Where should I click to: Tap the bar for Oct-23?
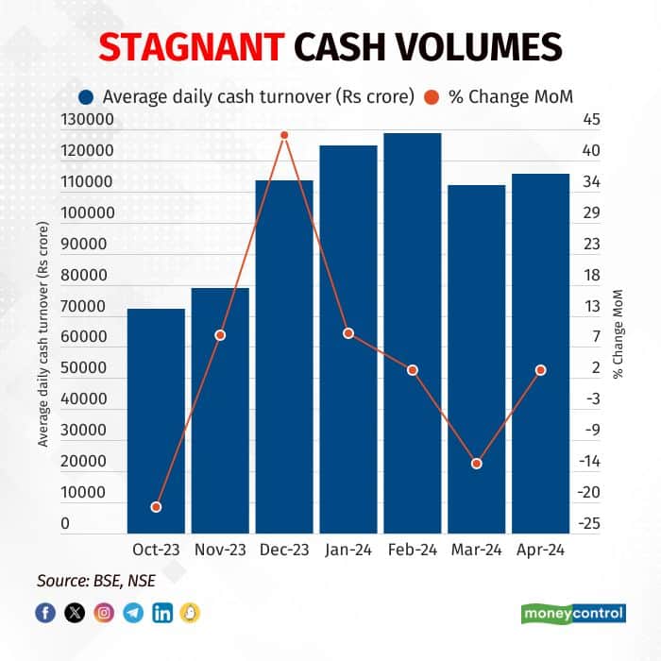click(156, 420)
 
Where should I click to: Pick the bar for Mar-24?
click(476, 359)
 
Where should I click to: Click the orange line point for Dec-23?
click(284, 135)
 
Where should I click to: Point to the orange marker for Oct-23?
click(156, 507)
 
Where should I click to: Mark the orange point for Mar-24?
click(476, 464)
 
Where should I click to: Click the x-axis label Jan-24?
click(348, 551)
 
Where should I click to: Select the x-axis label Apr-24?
click(540, 551)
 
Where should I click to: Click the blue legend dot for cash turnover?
click(87, 95)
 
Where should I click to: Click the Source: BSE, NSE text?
click(96, 580)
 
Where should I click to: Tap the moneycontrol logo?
click(573, 613)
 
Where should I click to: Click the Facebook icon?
click(45, 613)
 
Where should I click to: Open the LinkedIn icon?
click(162, 613)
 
